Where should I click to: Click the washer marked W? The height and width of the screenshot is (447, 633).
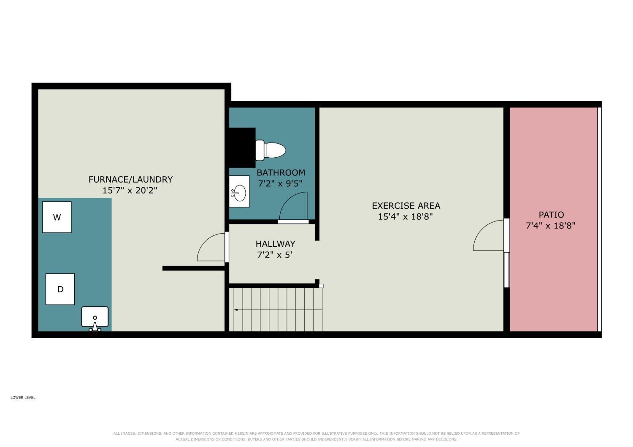pos(57,217)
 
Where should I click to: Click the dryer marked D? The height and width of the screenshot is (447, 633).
pos(60,289)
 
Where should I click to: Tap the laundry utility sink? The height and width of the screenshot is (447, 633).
pos(95,318)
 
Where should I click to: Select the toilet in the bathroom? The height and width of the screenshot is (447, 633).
pos(271,150)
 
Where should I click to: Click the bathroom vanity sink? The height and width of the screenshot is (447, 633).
pos(239,191)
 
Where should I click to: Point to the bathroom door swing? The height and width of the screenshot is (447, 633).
pos(293,206)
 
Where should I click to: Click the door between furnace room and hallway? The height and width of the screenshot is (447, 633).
pos(212,248)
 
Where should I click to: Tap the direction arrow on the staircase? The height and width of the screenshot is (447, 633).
pos(278,310)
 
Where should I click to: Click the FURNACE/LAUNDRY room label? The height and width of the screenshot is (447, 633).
pos(130,180)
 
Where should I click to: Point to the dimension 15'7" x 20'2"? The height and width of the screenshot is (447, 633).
pos(130,190)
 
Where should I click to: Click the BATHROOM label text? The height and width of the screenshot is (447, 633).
pos(281,172)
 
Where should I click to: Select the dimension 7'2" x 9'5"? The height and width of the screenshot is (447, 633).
pos(280,183)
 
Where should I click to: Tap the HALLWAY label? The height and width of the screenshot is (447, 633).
pos(276,244)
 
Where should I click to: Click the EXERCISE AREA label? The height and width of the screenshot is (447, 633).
pos(406,205)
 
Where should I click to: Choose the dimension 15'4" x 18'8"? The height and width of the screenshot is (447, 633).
pos(406,217)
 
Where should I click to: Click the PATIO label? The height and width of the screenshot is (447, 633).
pos(551,215)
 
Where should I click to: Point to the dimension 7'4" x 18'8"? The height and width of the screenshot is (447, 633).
pos(550,226)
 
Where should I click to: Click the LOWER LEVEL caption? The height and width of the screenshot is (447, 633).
pos(23,398)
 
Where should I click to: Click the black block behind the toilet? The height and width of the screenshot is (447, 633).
pos(242,148)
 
